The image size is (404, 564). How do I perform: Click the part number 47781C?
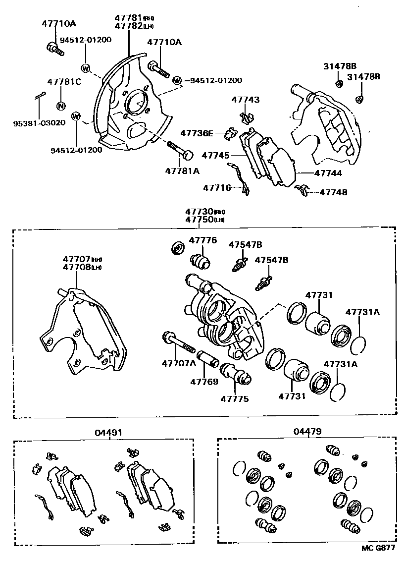(x=64, y=82)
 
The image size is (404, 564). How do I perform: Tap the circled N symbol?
(x=61, y=105)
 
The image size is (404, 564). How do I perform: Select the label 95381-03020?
(x=39, y=122)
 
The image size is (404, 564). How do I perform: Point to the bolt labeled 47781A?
(x=180, y=150)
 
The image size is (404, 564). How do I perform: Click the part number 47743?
(x=245, y=100)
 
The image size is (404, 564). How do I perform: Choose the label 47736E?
(x=197, y=133)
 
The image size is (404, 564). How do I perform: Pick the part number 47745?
(x=215, y=155)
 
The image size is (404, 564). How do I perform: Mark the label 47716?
(x=216, y=187)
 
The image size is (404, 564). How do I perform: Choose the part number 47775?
(x=235, y=398)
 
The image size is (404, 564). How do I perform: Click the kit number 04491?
(x=108, y=432)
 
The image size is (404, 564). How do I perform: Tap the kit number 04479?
(x=307, y=432)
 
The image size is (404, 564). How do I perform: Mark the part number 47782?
(x=128, y=26)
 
